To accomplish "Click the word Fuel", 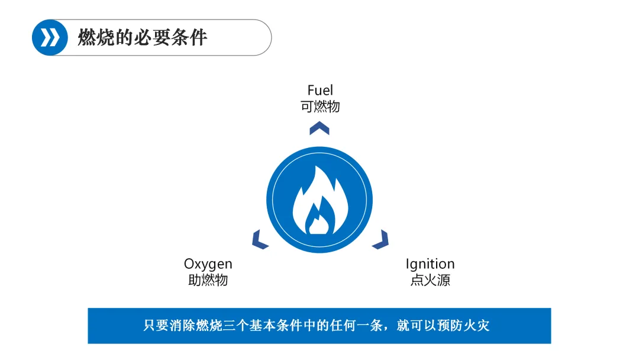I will [320, 90].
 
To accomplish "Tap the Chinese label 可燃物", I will [320, 107].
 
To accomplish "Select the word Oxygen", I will [208, 263].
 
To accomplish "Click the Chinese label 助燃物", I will [208, 280].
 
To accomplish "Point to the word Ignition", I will [430, 263].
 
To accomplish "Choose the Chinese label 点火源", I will [430, 280].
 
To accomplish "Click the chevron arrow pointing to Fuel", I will [319, 128].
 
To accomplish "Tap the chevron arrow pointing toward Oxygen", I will [259, 240].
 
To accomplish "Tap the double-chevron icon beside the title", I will [50, 37].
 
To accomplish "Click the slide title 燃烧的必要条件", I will [143, 37].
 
